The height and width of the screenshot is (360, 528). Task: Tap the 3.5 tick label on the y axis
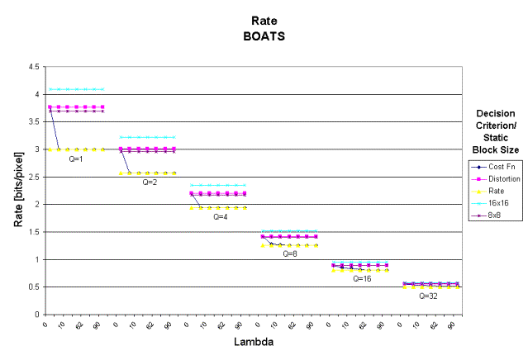click(33, 122)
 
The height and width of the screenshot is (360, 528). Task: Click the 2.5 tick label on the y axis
click(33, 177)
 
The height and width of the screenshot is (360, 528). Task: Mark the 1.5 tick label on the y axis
click(33, 232)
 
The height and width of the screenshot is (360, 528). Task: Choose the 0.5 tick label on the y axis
click(33, 287)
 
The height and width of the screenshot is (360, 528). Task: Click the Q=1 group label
click(77, 159)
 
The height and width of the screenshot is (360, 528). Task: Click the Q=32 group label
click(428, 295)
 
